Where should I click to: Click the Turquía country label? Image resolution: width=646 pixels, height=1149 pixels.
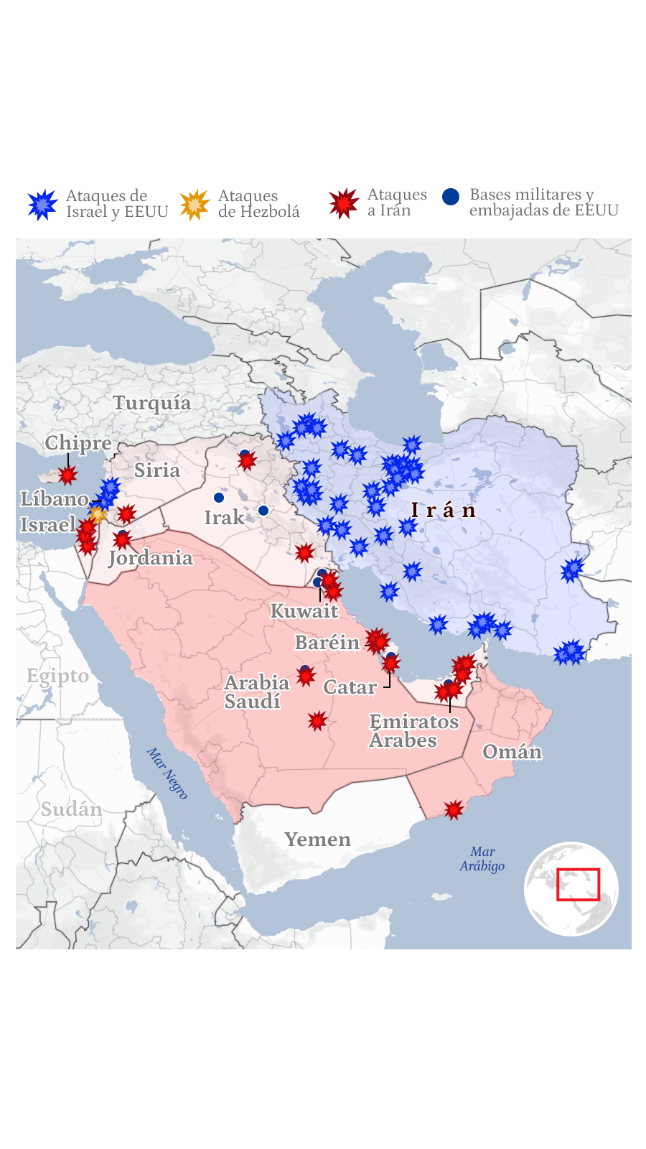[152, 403]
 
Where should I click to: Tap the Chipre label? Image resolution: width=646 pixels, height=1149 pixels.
[78, 443]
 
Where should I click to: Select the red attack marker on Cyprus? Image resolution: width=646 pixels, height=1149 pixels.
[67, 475]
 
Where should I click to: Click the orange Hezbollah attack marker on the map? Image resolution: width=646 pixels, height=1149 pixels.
[97, 513]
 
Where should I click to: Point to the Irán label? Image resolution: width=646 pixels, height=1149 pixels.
[444, 511]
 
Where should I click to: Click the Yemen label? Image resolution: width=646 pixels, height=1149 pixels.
[317, 839]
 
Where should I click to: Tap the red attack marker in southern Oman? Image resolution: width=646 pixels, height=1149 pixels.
[454, 810]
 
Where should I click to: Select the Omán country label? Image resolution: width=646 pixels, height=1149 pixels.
[512, 752]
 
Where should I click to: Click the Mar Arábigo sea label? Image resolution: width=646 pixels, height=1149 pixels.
[482, 859]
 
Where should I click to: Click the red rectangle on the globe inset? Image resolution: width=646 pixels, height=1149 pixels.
[578, 884]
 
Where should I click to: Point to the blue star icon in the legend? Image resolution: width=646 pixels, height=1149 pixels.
[43, 205]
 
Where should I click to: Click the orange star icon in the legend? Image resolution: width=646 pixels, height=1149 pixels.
[195, 205]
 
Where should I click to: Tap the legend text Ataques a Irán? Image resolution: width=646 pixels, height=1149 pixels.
[396, 203]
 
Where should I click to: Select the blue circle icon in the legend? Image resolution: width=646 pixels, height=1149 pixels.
[451, 197]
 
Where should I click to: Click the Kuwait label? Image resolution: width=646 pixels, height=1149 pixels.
[304, 611]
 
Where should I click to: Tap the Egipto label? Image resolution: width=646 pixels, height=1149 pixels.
[57, 676]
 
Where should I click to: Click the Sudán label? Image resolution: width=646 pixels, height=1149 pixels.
[71, 809]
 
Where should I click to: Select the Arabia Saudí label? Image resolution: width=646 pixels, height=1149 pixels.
[256, 692]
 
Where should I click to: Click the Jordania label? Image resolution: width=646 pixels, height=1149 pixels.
[151, 558]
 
